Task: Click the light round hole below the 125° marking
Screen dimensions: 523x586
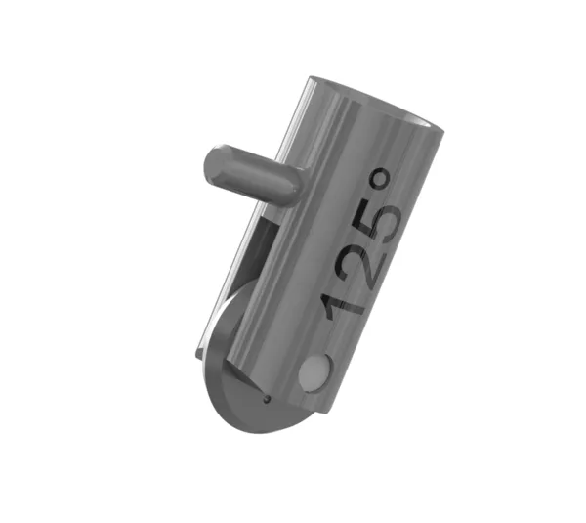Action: [x=315, y=373]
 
